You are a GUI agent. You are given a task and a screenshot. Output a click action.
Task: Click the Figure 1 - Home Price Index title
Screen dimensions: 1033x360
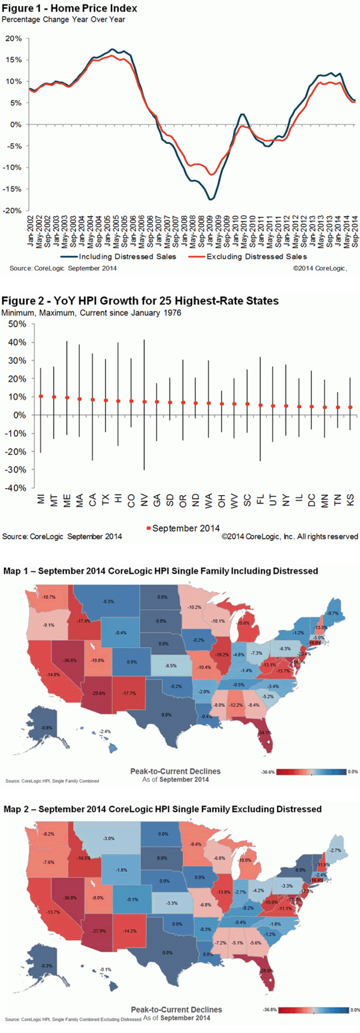coord(70,8)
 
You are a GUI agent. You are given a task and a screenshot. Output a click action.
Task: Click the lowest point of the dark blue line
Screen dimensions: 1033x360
coord(210,200)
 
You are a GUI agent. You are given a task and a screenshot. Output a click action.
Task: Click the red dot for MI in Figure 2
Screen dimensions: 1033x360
coord(41,396)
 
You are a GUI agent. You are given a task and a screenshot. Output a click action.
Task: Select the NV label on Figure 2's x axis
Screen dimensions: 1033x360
coord(144,500)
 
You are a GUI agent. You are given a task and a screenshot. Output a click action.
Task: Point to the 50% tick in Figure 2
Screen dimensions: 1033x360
coord(17,324)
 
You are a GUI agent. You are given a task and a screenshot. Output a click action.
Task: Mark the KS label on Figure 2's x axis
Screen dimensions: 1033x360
coord(351,500)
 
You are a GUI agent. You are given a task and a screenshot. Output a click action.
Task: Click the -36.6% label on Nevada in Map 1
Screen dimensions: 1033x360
coord(70,660)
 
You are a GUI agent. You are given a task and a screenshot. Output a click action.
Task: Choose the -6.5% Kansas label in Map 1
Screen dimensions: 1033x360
coord(171,665)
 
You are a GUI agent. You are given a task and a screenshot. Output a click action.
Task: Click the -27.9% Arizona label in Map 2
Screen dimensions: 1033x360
coord(99,931)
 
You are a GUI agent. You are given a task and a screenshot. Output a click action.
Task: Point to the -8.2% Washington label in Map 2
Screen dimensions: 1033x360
coord(48,834)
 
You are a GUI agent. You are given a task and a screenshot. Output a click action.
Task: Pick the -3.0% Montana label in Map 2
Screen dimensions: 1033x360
coord(108,839)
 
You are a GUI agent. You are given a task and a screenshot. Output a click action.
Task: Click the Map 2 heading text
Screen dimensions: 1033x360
coord(162,809)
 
